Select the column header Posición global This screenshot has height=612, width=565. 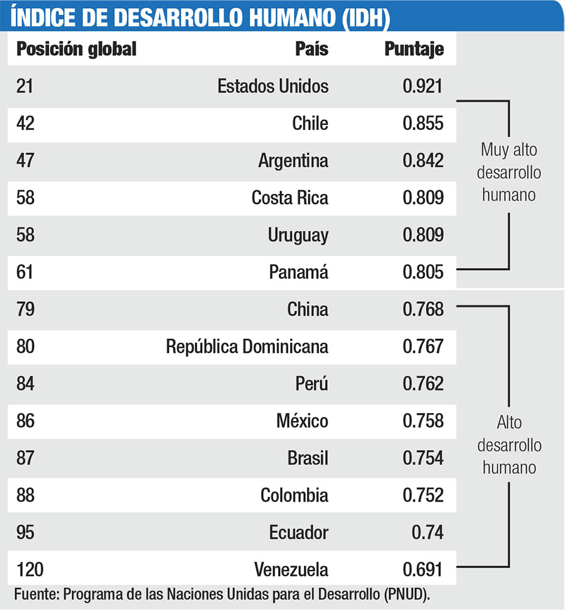point(76,49)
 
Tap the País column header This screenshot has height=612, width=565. point(311,49)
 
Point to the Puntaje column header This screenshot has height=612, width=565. point(414,49)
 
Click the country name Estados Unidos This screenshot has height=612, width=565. point(272,86)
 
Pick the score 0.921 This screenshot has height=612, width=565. point(422,86)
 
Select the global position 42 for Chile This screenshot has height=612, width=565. point(26,123)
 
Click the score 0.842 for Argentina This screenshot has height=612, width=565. point(422,161)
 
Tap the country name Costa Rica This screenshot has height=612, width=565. point(289,198)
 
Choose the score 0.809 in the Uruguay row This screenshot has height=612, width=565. point(422,235)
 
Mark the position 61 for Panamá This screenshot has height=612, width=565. point(25,272)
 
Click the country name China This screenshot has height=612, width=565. point(308,309)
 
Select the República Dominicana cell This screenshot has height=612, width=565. point(247,346)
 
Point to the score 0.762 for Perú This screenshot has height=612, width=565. point(422,384)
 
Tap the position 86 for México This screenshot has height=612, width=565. point(26,421)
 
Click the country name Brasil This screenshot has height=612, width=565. point(308,458)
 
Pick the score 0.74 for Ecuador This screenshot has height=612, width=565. point(427,533)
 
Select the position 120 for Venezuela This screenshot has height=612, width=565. point(30,570)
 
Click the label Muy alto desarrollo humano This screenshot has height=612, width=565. point(509,172)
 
